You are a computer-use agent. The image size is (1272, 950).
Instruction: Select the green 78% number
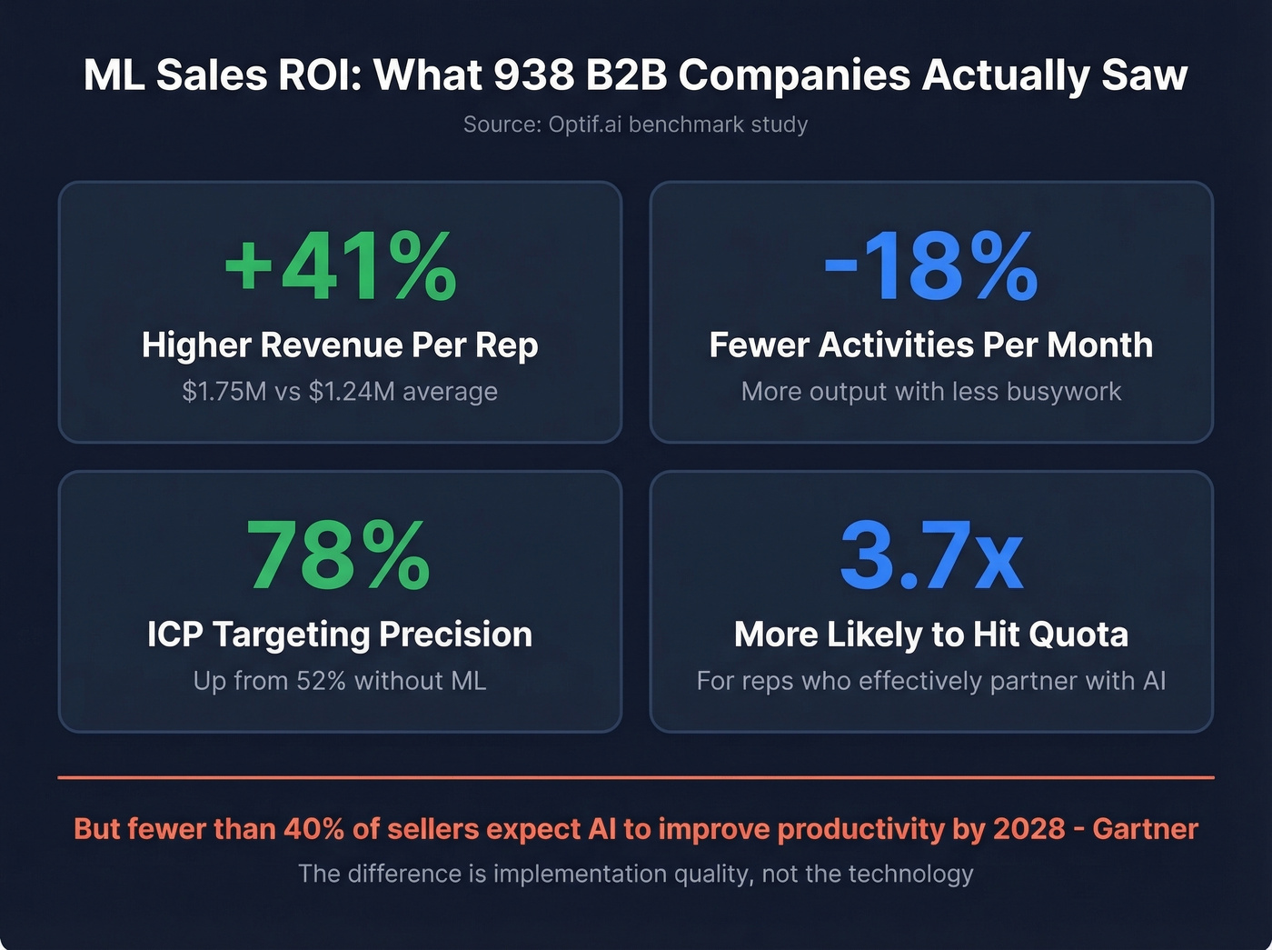click(339, 555)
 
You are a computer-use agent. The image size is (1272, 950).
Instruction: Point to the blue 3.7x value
click(931, 555)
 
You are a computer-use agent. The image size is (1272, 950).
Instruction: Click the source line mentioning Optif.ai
click(635, 125)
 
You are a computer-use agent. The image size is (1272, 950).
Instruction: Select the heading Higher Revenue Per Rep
click(340, 345)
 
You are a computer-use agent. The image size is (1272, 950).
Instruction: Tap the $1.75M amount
click(224, 392)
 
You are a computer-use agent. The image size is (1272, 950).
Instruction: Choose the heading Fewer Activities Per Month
click(930, 345)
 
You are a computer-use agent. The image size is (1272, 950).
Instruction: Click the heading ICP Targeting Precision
click(340, 635)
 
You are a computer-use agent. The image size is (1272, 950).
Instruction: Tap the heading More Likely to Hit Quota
click(930, 635)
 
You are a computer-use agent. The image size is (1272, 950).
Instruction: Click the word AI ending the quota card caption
click(1153, 681)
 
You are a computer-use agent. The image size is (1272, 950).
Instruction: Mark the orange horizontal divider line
click(636, 777)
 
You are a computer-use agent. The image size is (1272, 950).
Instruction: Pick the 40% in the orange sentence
click(314, 829)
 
